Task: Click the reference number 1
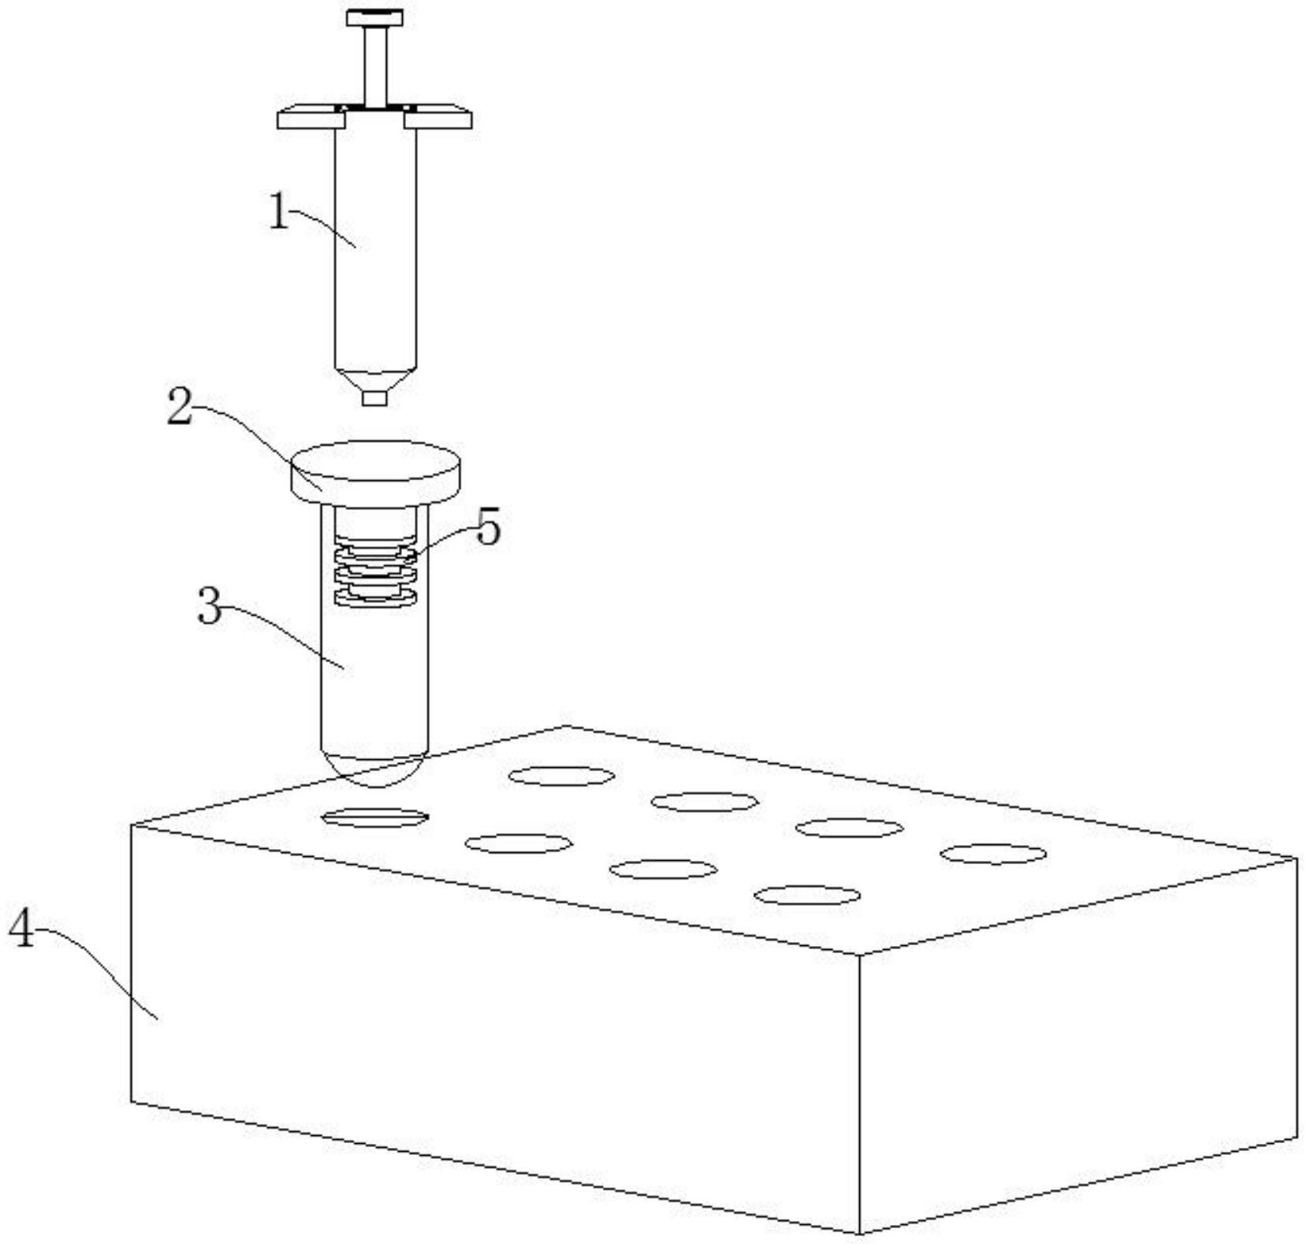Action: pyautogui.click(x=279, y=211)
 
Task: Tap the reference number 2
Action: pyautogui.click(x=181, y=408)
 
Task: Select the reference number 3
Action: pyautogui.click(x=210, y=607)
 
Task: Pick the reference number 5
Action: pyautogui.click(x=489, y=527)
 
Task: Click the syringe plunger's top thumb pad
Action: pyautogui.click(x=374, y=17)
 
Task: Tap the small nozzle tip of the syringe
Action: pyautogui.click(x=375, y=397)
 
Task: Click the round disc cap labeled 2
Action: pyautogui.click(x=375, y=471)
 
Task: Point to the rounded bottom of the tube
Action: pyautogui.click(x=374, y=769)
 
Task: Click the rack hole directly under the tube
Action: pyautogui.click(x=375, y=818)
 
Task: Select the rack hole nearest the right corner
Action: pyautogui.click(x=993, y=854)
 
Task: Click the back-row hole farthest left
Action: pyautogui.click(x=561, y=776)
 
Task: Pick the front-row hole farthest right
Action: pyautogui.click(x=806, y=896)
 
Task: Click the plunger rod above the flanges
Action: pyautogui.click(x=375, y=65)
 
